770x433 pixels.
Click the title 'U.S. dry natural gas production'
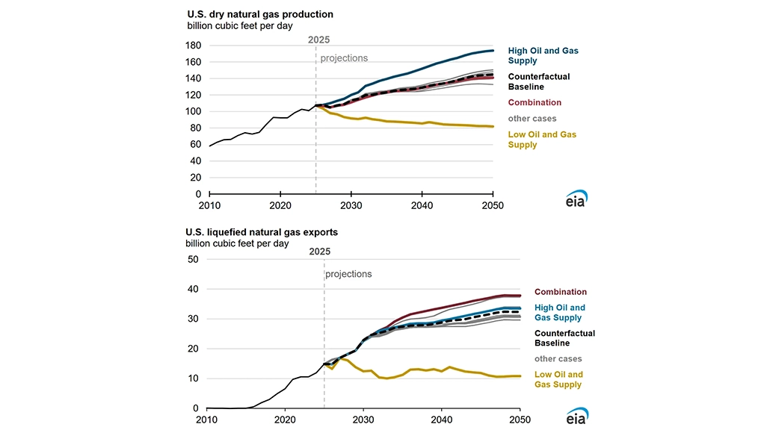(259, 14)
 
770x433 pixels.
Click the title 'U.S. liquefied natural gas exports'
(262, 232)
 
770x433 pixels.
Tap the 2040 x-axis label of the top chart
(422, 205)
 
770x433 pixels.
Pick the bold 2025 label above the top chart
(318, 40)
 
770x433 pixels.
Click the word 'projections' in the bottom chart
(348, 274)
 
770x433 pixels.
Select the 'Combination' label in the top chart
(535, 102)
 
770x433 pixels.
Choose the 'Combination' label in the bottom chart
(560, 292)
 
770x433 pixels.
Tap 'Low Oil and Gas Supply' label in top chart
(542, 140)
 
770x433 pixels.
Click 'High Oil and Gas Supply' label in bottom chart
(560, 313)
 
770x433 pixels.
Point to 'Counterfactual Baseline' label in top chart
(539, 81)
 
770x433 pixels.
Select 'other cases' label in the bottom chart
(558, 359)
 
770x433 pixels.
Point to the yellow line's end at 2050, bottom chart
(520, 376)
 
